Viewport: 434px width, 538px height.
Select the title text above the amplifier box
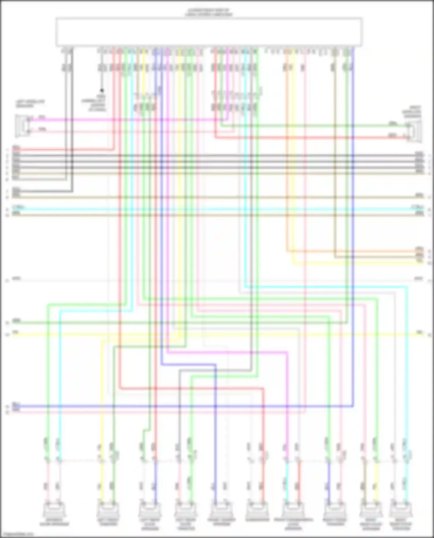[208, 12]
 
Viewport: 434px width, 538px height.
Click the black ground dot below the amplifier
[102, 90]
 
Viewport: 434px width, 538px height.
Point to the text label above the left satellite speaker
[30, 103]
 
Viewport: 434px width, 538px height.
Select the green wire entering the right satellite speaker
[318, 125]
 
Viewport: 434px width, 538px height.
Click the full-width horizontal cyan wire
[217, 209]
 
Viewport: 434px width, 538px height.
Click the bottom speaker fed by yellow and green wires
[108, 511]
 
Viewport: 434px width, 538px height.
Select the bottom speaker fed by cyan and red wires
[293, 511]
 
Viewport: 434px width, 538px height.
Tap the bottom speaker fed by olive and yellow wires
[371, 511]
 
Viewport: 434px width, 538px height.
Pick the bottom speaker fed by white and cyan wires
[401, 511]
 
